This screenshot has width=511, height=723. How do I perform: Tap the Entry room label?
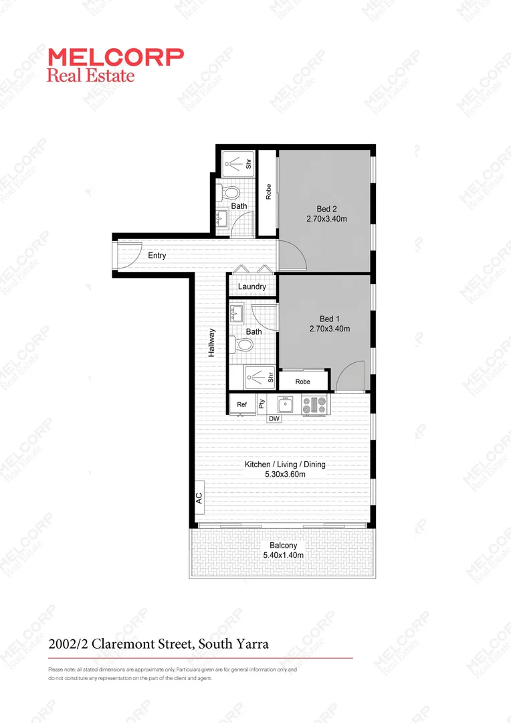tap(157, 256)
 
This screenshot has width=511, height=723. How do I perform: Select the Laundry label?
tap(252, 287)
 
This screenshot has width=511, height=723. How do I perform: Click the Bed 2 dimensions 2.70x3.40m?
tap(326, 218)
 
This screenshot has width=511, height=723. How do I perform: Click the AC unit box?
tap(199, 498)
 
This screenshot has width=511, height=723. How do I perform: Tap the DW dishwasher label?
tap(274, 419)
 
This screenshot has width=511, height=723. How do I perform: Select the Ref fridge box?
tap(242, 404)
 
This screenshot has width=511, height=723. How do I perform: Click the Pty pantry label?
tap(262, 404)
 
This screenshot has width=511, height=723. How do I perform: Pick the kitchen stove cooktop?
tap(315, 404)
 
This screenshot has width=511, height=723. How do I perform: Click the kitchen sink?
tap(286, 404)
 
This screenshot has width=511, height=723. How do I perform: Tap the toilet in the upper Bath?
tap(232, 193)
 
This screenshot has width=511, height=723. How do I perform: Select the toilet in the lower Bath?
tap(243, 345)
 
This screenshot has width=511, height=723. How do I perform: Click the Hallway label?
tap(211, 342)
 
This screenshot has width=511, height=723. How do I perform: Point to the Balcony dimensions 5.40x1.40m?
tap(284, 555)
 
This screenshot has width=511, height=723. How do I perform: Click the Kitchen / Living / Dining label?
tap(285, 465)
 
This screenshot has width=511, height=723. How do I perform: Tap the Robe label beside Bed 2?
tap(268, 192)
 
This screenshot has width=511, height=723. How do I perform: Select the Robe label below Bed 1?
tap(304, 382)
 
